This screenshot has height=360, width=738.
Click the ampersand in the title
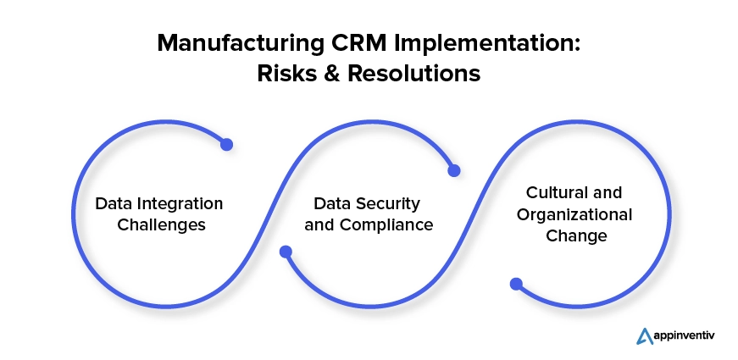(333, 75)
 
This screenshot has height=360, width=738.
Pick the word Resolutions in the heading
(413, 75)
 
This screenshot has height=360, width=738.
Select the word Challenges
(159, 225)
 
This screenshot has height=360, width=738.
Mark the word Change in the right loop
(577, 235)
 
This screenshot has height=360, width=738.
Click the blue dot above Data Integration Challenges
(226, 145)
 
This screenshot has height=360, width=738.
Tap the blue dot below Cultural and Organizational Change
(515, 284)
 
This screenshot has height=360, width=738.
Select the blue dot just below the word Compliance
(286, 252)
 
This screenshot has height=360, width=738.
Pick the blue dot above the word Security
(453, 170)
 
